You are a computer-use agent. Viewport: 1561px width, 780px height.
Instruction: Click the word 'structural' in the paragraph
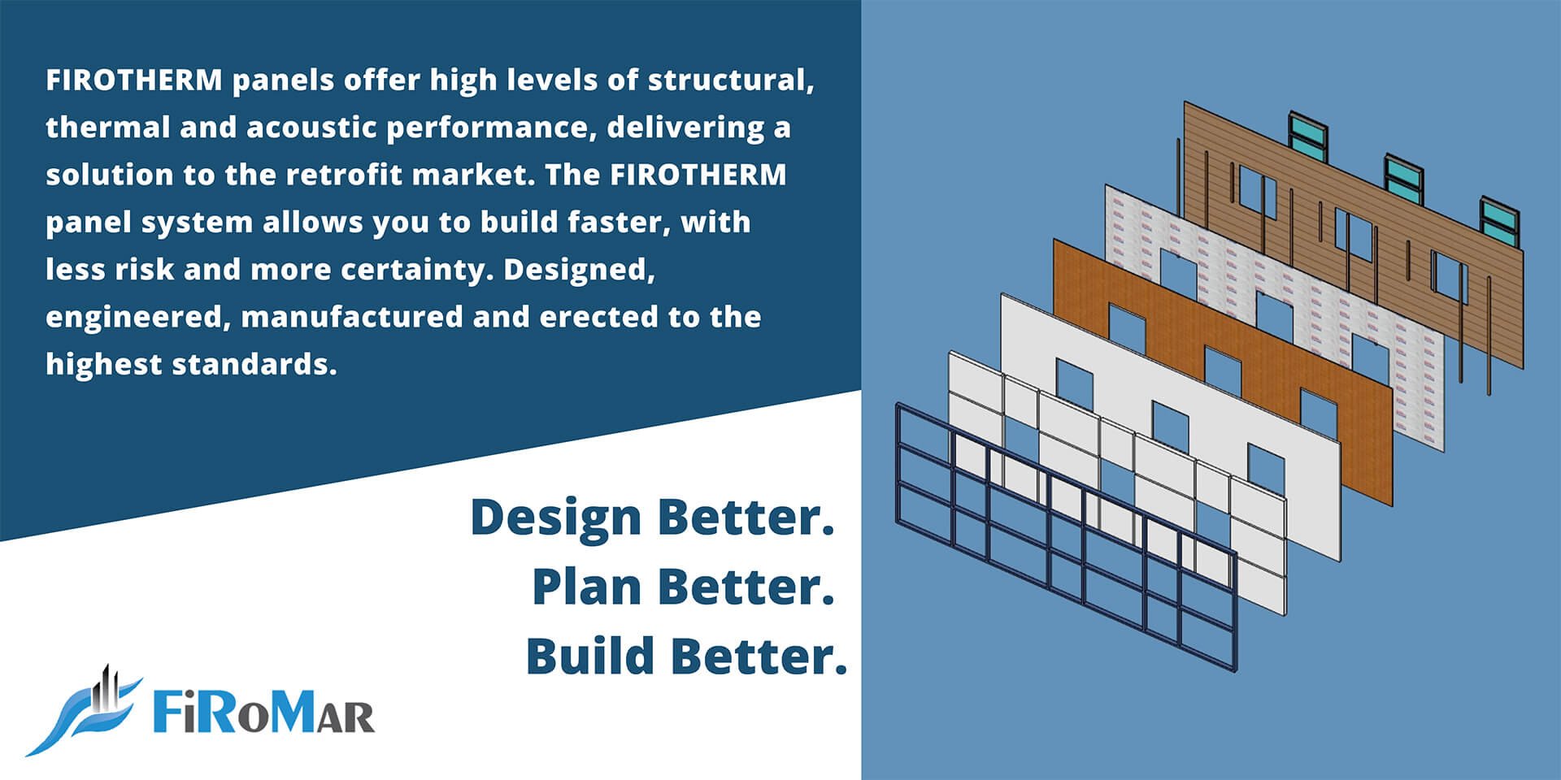[730, 80]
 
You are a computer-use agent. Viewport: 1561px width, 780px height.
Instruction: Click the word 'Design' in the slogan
[556, 519]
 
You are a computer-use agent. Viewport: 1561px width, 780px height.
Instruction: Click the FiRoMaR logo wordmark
[264, 713]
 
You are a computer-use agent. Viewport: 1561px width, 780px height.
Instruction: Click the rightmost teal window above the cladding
[1499, 219]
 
